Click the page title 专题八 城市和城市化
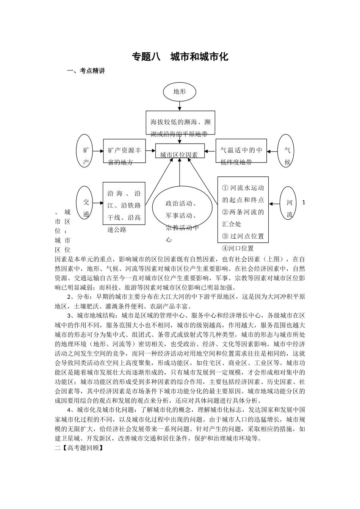point(180,57)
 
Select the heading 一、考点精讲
point(86,71)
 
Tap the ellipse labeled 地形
point(180,91)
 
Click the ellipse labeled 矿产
point(86,150)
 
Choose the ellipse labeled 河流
point(289,203)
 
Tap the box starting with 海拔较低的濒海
point(180,123)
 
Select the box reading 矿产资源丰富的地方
point(124,151)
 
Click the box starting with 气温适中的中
point(241,151)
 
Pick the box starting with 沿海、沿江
point(124,203)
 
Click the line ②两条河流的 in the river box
point(243,212)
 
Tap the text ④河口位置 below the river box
point(238,248)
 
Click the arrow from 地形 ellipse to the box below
point(180,105)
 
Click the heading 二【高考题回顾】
point(79,448)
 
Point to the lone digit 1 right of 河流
point(304,203)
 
